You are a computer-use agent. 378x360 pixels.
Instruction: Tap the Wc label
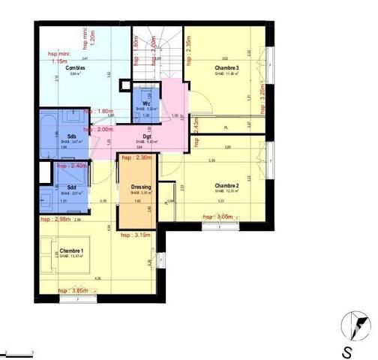pyautogui.click(x=147, y=104)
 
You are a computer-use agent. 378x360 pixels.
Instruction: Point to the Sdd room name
pyautogui.click(x=71, y=187)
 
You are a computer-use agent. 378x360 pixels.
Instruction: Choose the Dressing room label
pyautogui.click(x=141, y=187)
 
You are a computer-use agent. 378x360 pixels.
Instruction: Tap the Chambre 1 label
pyautogui.click(x=72, y=250)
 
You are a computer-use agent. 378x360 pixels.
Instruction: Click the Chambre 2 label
pyautogui.click(x=226, y=185)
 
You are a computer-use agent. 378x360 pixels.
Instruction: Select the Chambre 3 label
pyautogui.click(x=226, y=68)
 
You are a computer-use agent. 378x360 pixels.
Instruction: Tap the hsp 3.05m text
pyautogui.click(x=219, y=216)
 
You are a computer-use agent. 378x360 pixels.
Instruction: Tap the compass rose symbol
pyautogui.click(x=353, y=325)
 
